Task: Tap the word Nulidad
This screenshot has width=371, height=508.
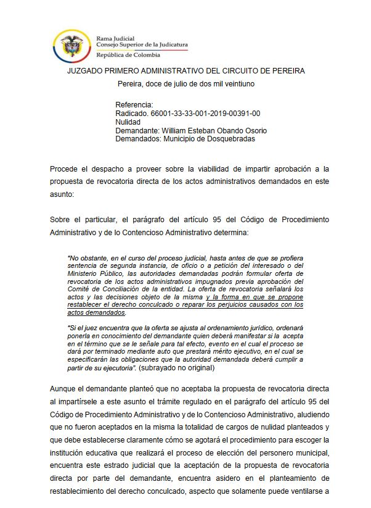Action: click(x=128, y=122)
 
